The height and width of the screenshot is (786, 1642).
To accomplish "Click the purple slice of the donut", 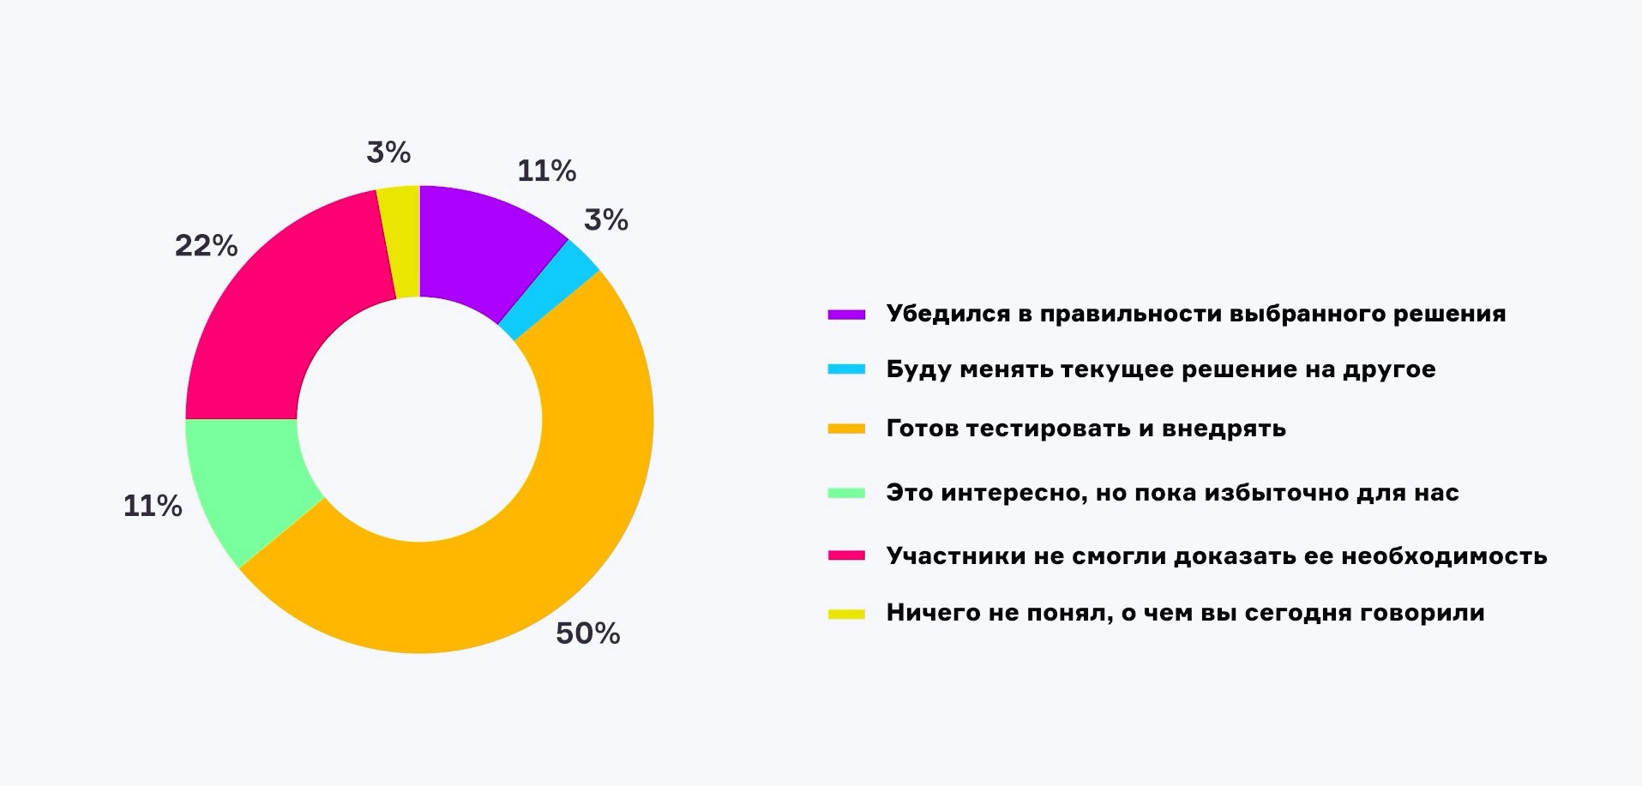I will [x=480, y=249].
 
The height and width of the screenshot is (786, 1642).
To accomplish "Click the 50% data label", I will [x=587, y=633].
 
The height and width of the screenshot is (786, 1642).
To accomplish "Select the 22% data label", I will [x=206, y=246].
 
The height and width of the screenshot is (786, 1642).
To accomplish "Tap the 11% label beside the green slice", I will [x=153, y=506].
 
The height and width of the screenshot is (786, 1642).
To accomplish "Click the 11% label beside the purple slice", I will [x=546, y=171].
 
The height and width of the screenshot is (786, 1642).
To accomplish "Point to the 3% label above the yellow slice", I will [x=388, y=153].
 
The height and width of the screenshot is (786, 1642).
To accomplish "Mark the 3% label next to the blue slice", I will [x=606, y=220].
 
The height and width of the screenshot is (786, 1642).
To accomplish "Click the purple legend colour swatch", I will [x=846, y=315].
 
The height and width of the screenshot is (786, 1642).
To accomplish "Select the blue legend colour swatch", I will [x=846, y=369].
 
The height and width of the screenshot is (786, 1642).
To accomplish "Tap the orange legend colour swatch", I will [x=846, y=429].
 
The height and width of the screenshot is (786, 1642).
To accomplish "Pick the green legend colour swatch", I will [x=846, y=493].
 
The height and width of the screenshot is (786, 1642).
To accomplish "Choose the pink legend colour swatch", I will [x=846, y=556].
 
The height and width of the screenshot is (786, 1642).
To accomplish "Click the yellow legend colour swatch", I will [x=846, y=614].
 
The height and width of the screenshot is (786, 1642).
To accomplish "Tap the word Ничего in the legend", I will [x=930, y=613].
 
